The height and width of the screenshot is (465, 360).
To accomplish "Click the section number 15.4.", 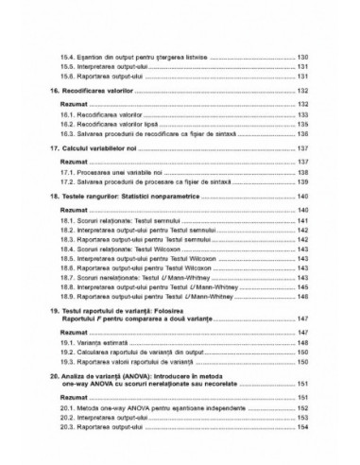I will tap(65, 58).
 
